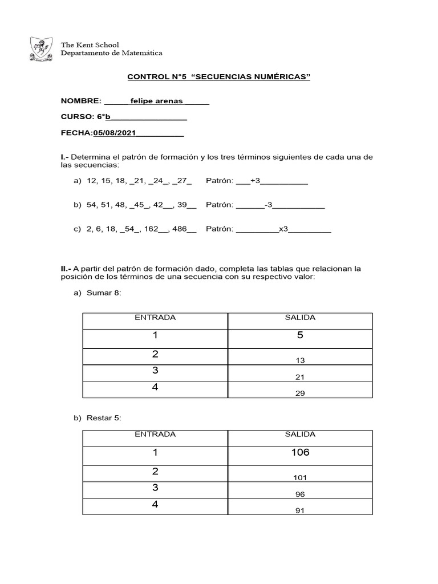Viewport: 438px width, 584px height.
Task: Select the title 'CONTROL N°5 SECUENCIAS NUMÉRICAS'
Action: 218,76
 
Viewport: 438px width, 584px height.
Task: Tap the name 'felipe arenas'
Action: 156,101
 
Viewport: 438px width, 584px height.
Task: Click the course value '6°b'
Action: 103,117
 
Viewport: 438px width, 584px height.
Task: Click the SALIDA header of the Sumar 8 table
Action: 300,318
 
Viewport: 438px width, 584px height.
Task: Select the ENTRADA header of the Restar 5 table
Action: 155,435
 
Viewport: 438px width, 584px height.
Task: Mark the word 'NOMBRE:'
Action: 81,101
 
